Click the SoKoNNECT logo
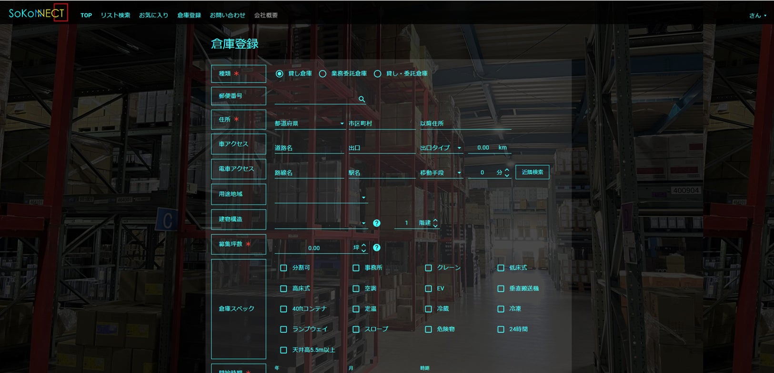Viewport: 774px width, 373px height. pyautogui.click(x=37, y=13)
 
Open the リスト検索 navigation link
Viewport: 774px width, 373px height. pyautogui.click(x=115, y=15)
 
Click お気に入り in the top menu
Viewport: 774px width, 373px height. pyautogui.click(x=153, y=15)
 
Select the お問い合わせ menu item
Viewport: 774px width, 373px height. pyautogui.click(x=227, y=15)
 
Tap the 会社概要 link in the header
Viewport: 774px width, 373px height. pyautogui.click(x=266, y=15)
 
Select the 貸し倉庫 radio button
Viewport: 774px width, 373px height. pyautogui.click(x=280, y=74)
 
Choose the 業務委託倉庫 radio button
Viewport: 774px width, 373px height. pyautogui.click(x=323, y=74)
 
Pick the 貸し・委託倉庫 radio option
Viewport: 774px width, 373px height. pyautogui.click(x=378, y=74)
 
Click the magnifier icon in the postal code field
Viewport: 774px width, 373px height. pyautogui.click(x=362, y=99)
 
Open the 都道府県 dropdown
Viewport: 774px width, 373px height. pyautogui.click(x=309, y=123)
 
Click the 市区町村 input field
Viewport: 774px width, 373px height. pyautogui.click(x=382, y=123)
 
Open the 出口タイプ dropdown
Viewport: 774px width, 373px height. pyautogui.click(x=441, y=148)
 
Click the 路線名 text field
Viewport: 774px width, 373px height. pyautogui.click(x=309, y=173)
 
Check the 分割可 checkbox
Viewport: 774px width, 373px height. pyautogui.click(x=283, y=268)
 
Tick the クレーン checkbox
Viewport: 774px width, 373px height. pyautogui.click(x=428, y=268)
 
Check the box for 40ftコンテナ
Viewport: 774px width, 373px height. pyautogui.click(x=283, y=309)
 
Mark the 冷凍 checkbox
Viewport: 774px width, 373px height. pyautogui.click(x=501, y=309)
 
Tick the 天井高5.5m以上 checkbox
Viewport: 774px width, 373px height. pyautogui.click(x=283, y=350)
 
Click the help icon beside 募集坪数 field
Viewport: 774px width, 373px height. pyautogui.click(x=377, y=248)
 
